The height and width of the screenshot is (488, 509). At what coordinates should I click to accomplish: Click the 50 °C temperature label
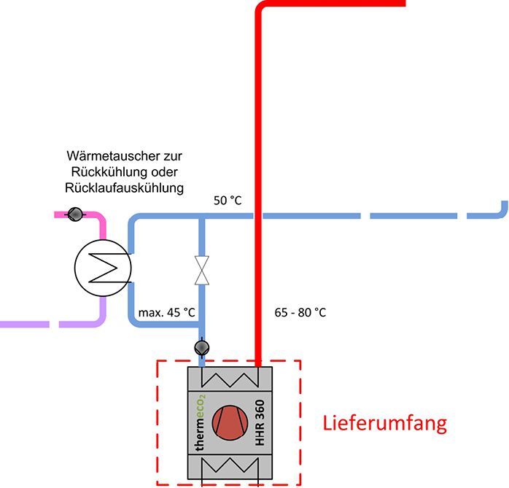click(x=227, y=200)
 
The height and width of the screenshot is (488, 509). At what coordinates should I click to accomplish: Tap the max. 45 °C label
click(x=167, y=313)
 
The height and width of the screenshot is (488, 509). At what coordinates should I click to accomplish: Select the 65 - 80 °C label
click(x=300, y=313)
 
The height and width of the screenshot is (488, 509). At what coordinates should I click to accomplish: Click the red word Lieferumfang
click(x=384, y=423)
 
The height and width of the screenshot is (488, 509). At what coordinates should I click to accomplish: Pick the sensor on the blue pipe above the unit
click(x=202, y=347)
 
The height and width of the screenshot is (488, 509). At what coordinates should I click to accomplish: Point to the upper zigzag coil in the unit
click(x=230, y=379)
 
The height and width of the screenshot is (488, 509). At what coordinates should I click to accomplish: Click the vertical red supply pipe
click(x=259, y=182)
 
